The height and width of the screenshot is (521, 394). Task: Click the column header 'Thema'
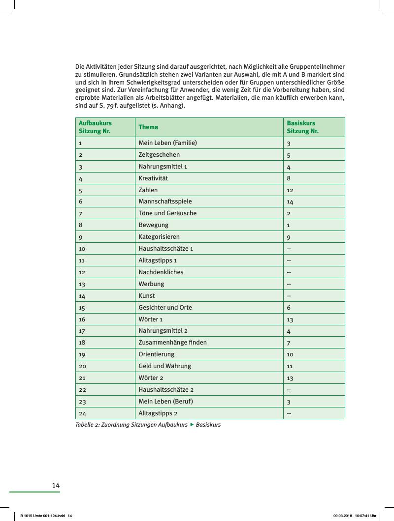pyautogui.click(x=148, y=127)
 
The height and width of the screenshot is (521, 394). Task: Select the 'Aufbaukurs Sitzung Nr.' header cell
pyautogui.click(x=95, y=127)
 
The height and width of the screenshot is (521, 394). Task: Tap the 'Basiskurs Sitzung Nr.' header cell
pyautogui.click(x=302, y=127)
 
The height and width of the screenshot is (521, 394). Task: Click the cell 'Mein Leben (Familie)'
pyautogui.click(x=167, y=143)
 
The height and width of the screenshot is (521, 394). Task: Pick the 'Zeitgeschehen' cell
pyautogui.click(x=159, y=155)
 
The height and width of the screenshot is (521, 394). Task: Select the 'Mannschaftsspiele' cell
pyautogui.click(x=165, y=202)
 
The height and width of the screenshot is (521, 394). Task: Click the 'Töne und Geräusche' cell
pyautogui.click(x=167, y=213)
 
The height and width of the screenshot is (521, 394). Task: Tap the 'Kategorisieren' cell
pyautogui.click(x=159, y=237)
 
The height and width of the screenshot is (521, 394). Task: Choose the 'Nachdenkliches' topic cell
pyautogui.click(x=161, y=272)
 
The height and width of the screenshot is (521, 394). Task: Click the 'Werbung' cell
pyautogui.click(x=151, y=284)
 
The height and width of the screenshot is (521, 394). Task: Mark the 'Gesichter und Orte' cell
pyautogui.click(x=165, y=308)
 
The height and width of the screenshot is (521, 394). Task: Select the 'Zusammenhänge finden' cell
pyautogui.click(x=172, y=342)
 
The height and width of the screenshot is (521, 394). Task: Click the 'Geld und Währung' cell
pyautogui.click(x=164, y=366)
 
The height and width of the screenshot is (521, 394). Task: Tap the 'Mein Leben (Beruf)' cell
pyautogui.click(x=165, y=401)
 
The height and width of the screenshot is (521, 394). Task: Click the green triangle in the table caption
pyautogui.click(x=192, y=424)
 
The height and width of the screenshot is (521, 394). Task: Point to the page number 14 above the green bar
pyautogui.click(x=56, y=486)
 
